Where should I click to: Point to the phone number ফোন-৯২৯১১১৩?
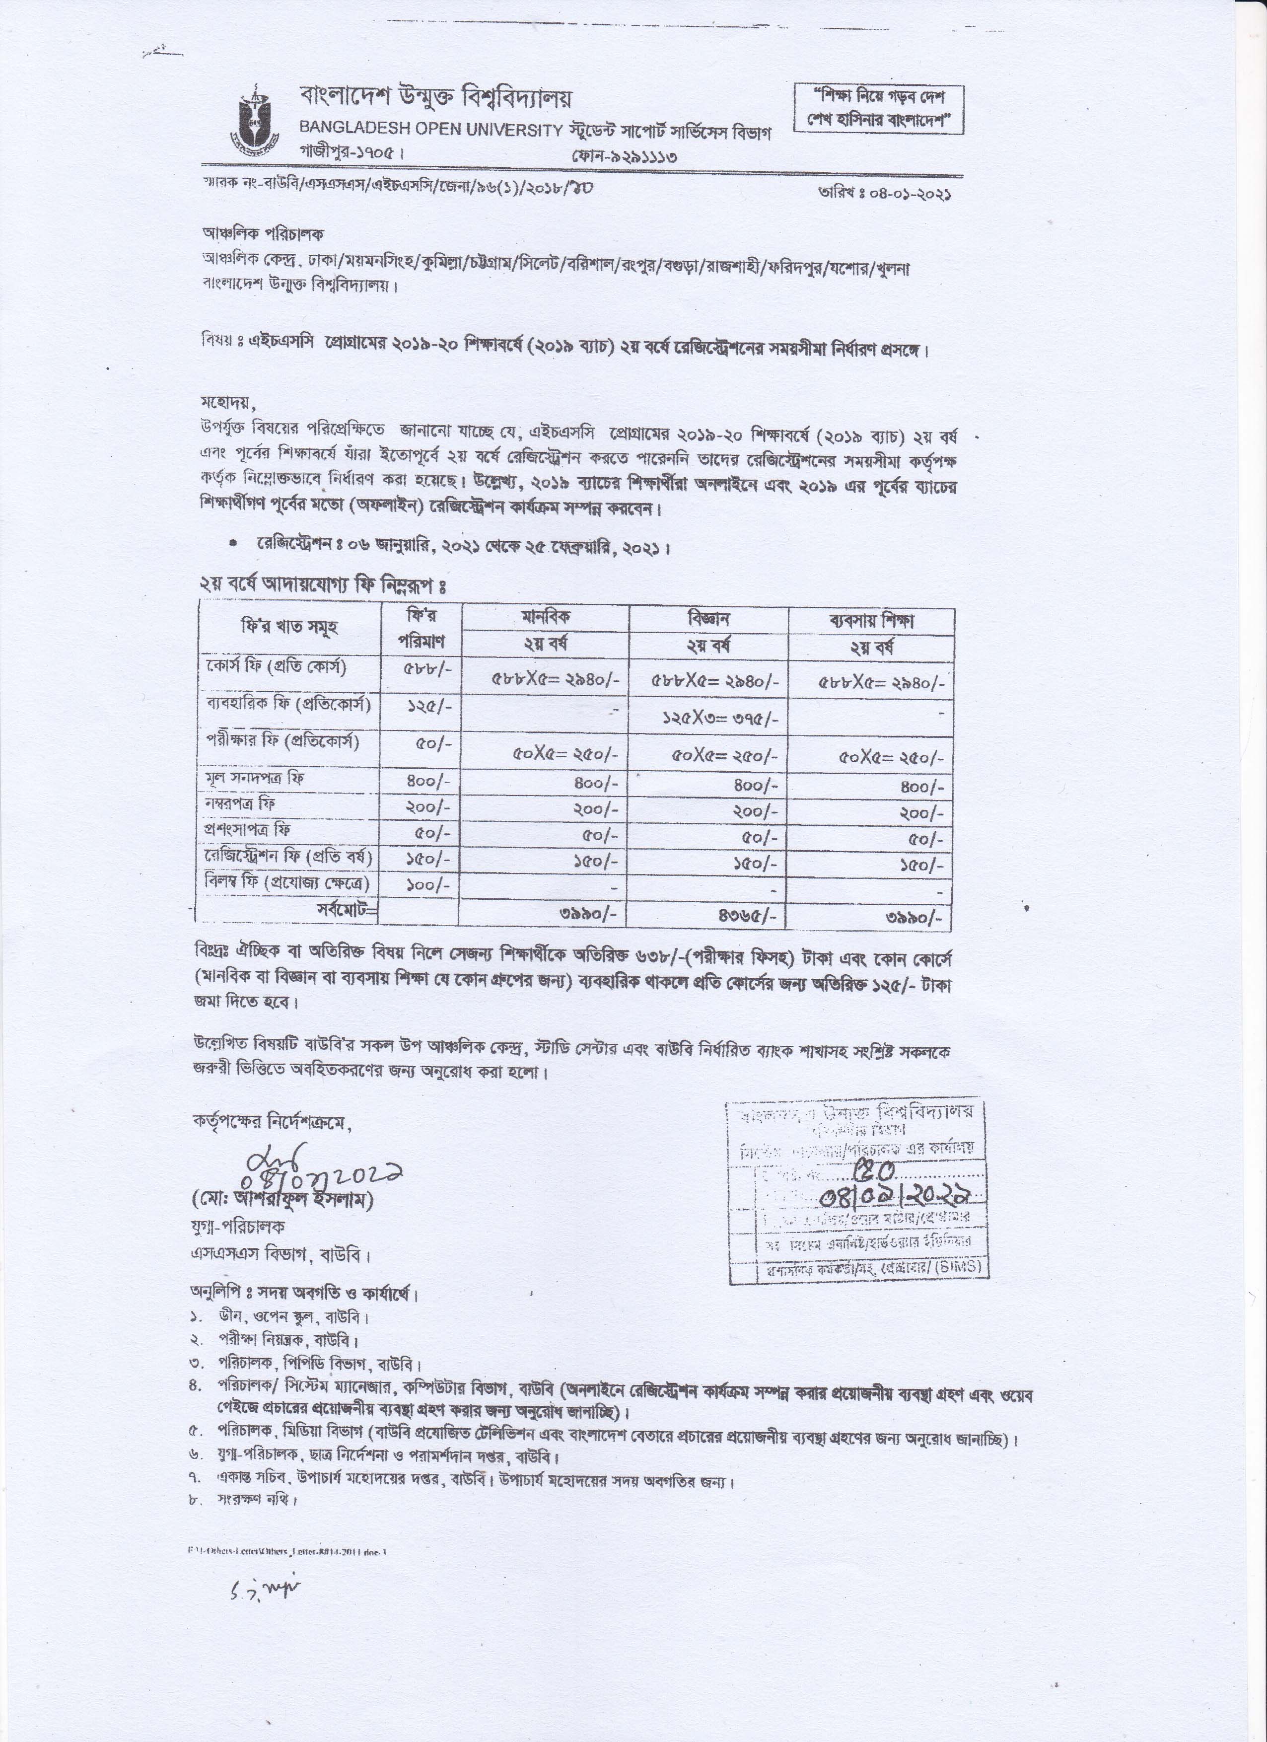[624, 157]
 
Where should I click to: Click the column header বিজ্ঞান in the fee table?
[708, 618]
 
